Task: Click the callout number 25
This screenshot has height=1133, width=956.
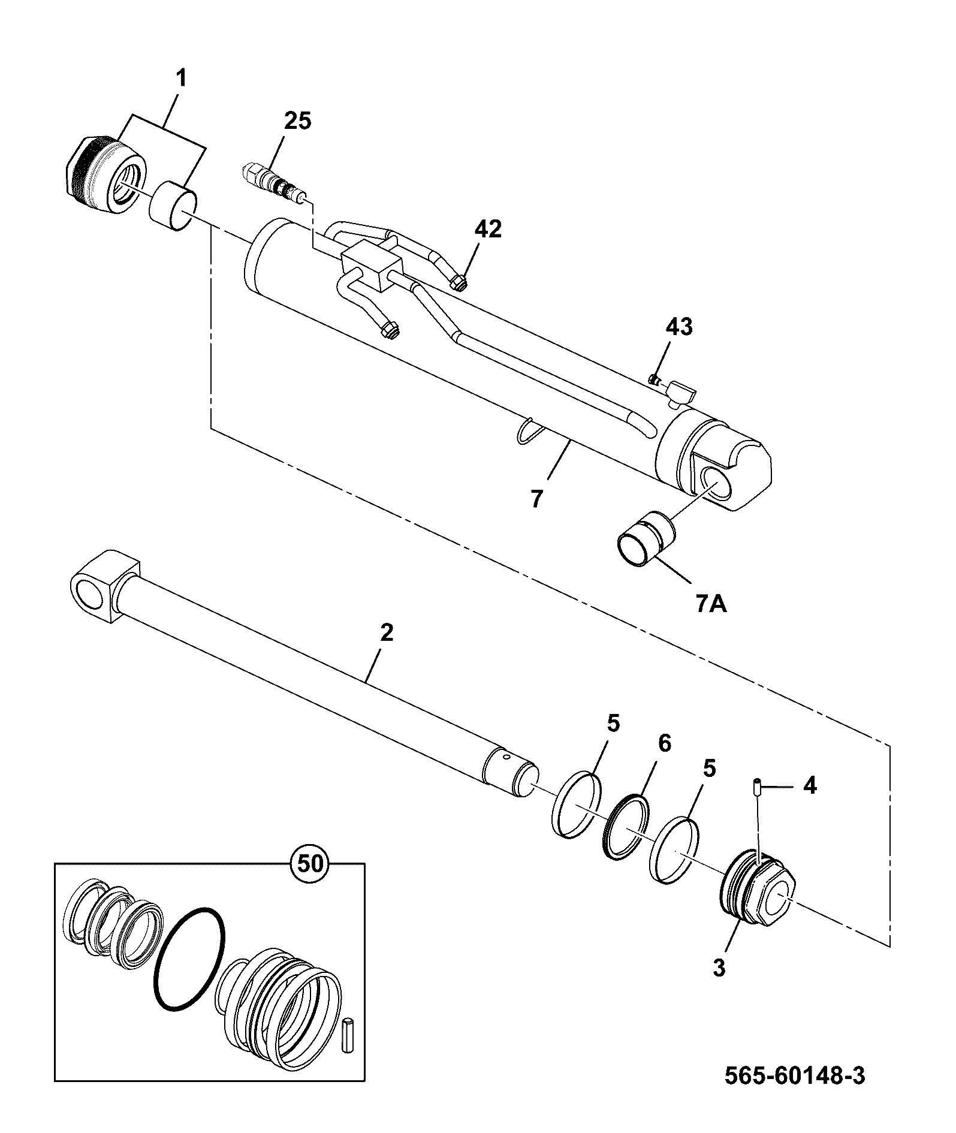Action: [x=298, y=121]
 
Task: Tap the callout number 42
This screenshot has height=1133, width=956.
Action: [x=488, y=229]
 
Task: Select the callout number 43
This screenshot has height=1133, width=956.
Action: [x=678, y=327]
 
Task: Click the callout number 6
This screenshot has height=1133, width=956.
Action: [x=664, y=743]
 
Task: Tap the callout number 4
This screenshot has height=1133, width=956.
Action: [x=809, y=786]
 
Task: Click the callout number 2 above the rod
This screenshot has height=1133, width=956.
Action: [x=387, y=632]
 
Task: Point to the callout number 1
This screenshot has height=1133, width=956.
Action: [x=180, y=79]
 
